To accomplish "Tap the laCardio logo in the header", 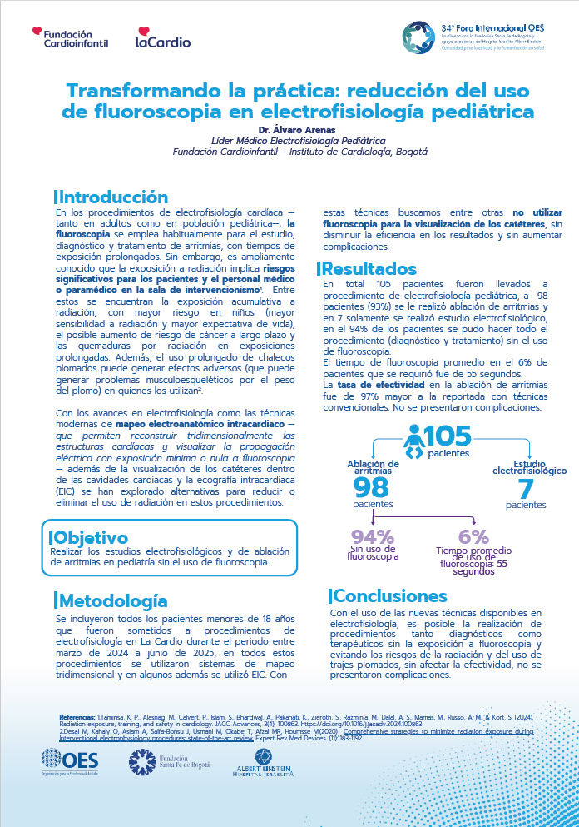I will (163, 38).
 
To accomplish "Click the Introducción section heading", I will (112, 197).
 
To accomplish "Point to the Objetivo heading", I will (91, 537).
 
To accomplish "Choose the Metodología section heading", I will (112, 600).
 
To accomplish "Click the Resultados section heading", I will (369, 268).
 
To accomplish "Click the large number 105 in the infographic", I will (448, 436).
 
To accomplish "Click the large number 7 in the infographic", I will (526, 488).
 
